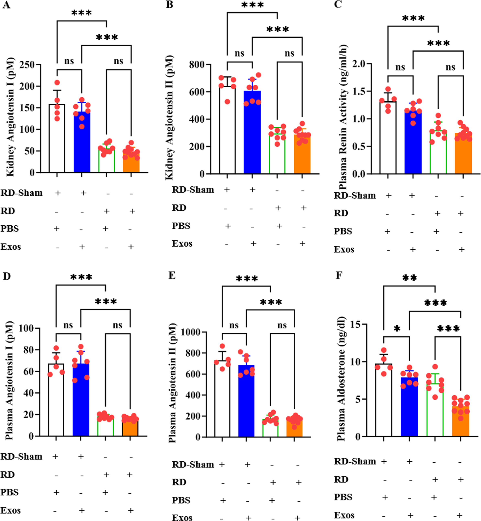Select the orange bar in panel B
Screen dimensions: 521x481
coord(302,156)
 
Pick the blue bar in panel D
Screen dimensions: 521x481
coord(81,403)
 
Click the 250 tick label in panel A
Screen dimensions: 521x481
coord(27,64)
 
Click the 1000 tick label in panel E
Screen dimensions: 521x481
coord(191,332)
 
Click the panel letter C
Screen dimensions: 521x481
coord(338,4)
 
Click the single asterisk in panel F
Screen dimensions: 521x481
coord(397,329)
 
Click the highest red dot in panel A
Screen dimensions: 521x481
coord(57,83)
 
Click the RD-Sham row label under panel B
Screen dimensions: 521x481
coord(193,190)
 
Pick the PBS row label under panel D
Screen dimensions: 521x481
coord(10,492)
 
